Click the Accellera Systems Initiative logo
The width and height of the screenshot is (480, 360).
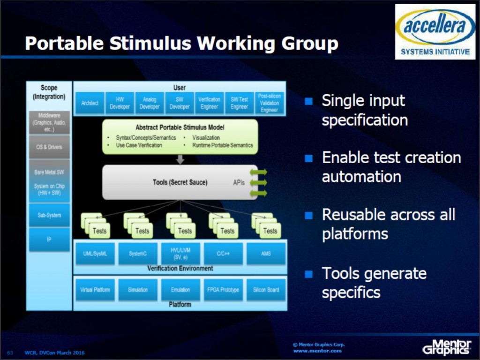[x=435, y=31]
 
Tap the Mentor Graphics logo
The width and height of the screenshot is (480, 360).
[x=446, y=346]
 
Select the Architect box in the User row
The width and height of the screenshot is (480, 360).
[x=90, y=103]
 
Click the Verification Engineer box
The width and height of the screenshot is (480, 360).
[x=209, y=103]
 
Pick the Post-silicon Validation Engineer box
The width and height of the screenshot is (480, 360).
[x=269, y=103]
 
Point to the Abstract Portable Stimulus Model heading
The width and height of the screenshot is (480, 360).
[x=180, y=127]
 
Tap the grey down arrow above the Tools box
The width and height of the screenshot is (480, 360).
[x=180, y=159]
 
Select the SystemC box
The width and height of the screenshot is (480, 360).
[x=138, y=254]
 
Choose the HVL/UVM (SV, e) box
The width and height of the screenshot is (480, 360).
[x=180, y=254]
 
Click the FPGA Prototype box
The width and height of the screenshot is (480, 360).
[x=223, y=290]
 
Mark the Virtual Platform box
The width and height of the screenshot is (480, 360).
[x=95, y=290]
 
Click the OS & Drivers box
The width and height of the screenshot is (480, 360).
[x=49, y=147]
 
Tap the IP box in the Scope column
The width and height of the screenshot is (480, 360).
[x=49, y=240]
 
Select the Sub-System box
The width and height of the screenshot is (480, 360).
[x=49, y=215]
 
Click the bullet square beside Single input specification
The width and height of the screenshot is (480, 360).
[x=308, y=101]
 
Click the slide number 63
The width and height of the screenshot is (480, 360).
[x=9, y=352]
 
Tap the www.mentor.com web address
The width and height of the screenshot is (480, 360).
[x=317, y=351]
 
